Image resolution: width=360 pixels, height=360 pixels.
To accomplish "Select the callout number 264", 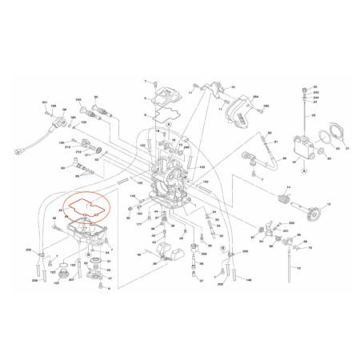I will click(234, 97).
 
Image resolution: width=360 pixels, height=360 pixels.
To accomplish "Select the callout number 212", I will click(69, 147).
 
